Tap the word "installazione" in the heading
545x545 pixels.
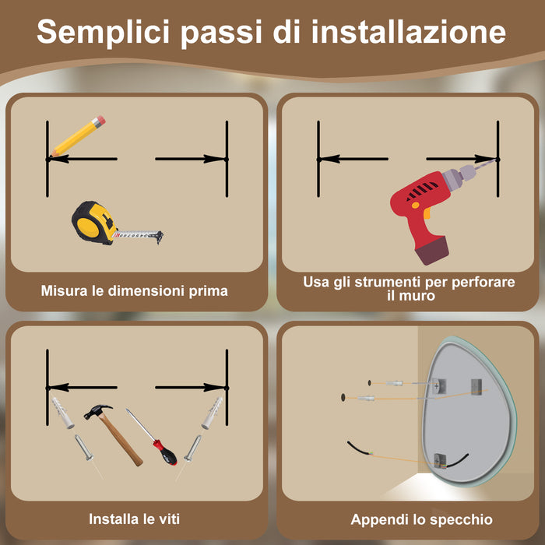pyautogui.click(x=408, y=33)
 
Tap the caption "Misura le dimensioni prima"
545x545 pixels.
pyautogui.click(x=135, y=291)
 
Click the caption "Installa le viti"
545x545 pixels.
pyautogui.click(x=136, y=519)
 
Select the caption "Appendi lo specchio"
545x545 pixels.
pyautogui.click(x=422, y=519)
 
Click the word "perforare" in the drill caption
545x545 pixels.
pyautogui.click(x=483, y=282)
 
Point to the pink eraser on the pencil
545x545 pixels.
pyautogui.click(x=99, y=121)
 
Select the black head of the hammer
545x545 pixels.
pyautogui.click(x=97, y=410)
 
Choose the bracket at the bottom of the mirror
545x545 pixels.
pyautogui.click(x=440, y=461)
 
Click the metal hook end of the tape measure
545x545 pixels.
pyautogui.click(x=159, y=236)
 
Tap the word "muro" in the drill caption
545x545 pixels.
pyautogui.click(x=409, y=297)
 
